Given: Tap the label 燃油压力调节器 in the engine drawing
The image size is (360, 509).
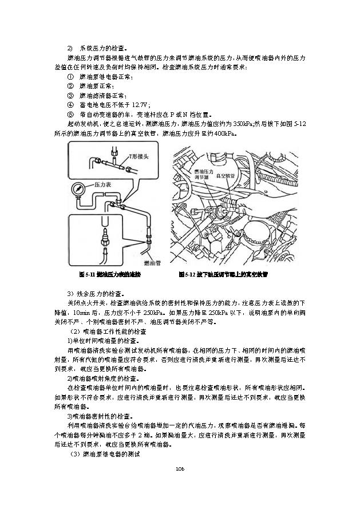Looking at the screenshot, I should [x=203, y=173].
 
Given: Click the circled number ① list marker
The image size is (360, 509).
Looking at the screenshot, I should [x=70, y=77].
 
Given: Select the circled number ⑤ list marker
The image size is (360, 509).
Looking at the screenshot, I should [x=70, y=115].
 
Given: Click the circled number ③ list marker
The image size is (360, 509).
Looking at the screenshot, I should [x=70, y=96].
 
